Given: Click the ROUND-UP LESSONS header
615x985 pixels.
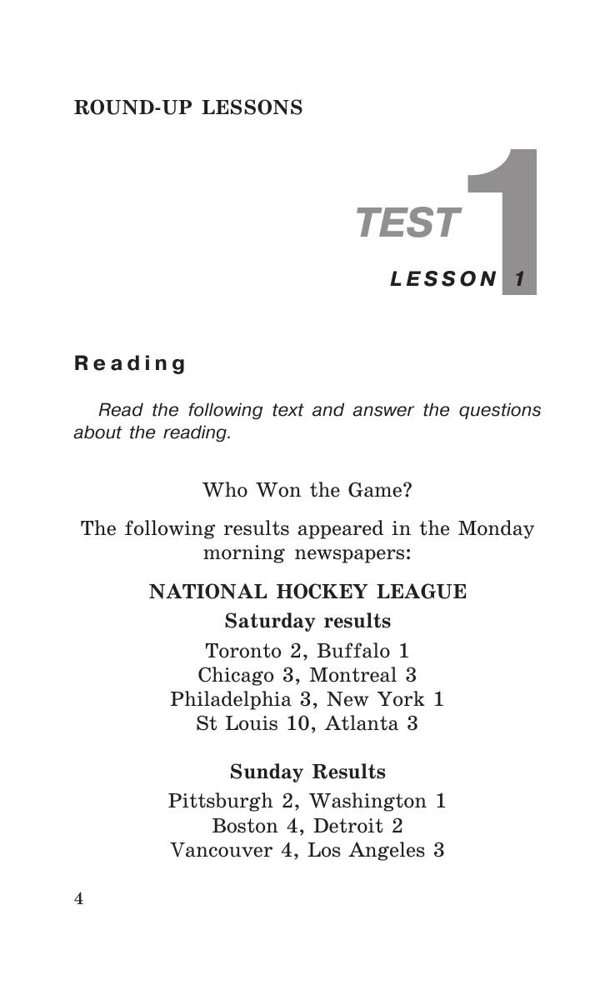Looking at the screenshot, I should [x=188, y=108].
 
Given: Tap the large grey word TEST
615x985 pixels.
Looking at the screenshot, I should [x=407, y=223].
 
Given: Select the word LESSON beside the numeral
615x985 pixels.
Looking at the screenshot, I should [x=443, y=279].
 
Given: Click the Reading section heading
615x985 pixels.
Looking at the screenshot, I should [x=130, y=363].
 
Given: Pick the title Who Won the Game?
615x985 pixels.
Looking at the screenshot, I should [x=307, y=490].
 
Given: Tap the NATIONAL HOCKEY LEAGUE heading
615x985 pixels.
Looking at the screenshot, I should [x=307, y=592].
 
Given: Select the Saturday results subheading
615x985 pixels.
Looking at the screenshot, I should [x=307, y=622].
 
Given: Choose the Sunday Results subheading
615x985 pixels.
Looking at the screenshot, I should [x=307, y=772].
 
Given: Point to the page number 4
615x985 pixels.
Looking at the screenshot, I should [x=79, y=898].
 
